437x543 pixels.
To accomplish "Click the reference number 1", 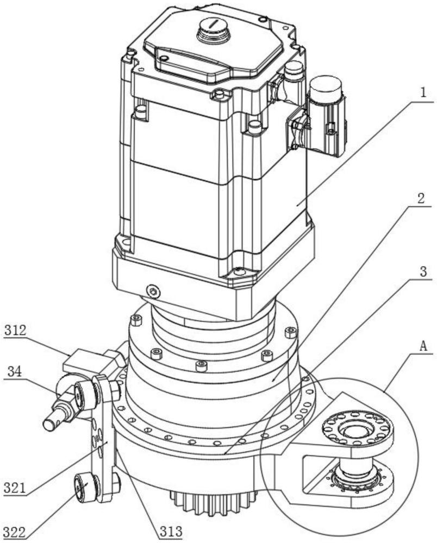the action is point(422,93).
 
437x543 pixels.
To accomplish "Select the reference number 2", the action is point(421,198).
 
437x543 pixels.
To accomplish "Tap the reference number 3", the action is point(423,271).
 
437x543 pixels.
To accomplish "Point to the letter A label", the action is point(423,345).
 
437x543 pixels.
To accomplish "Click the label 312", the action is point(16,330).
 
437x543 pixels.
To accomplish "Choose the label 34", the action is point(15,371).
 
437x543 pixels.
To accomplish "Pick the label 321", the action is point(15,488).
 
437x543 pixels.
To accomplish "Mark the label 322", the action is point(15,533).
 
